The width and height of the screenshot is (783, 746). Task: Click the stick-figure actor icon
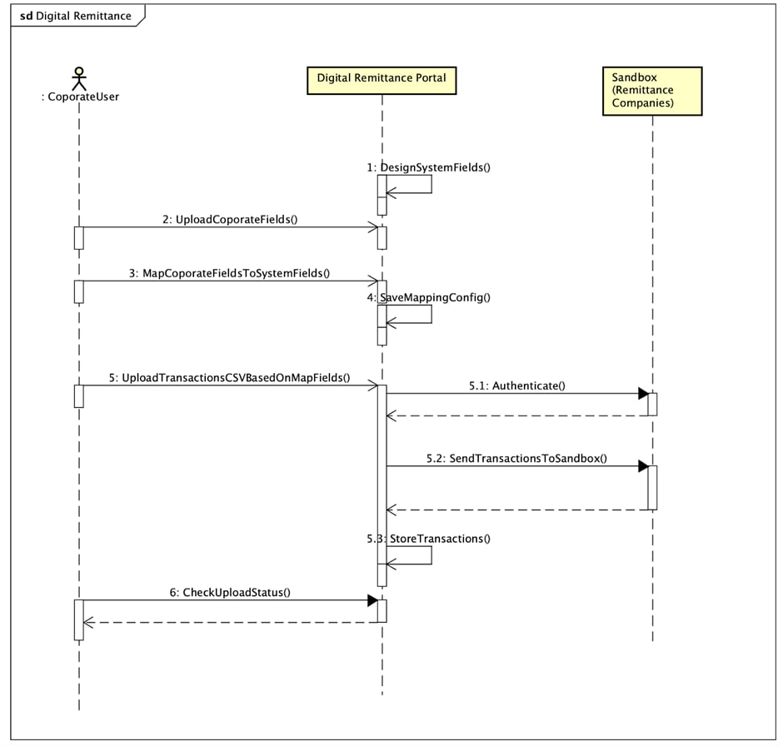(x=79, y=77)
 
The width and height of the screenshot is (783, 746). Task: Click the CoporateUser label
(x=79, y=97)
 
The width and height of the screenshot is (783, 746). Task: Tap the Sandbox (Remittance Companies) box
(x=651, y=90)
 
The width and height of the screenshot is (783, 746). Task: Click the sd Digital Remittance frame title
(x=76, y=16)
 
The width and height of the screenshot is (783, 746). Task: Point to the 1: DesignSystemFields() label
(x=428, y=167)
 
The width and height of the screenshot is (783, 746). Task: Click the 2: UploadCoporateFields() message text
(x=231, y=219)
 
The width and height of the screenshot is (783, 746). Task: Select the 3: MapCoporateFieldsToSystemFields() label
(x=230, y=272)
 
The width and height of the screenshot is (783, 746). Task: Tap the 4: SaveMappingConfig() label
(x=428, y=296)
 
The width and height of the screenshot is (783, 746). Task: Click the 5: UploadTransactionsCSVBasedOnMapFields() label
(x=230, y=377)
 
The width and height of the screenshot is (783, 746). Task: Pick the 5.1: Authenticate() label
(x=517, y=385)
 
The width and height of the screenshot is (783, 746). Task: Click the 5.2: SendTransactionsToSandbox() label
(x=516, y=458)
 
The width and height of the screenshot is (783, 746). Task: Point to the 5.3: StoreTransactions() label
(x=428, y=538)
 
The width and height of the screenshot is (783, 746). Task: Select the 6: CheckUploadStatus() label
(x=230, y=592)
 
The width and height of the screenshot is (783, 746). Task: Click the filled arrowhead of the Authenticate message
(x=643, y=394)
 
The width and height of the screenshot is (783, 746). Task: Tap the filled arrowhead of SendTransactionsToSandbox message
(x=643, y=466)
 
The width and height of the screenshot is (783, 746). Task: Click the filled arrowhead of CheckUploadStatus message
(x=372, y=599)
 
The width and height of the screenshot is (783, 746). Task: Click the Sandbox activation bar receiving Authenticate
(x=653, y=404)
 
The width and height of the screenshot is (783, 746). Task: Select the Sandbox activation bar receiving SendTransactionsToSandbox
(x=653, y=487)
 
